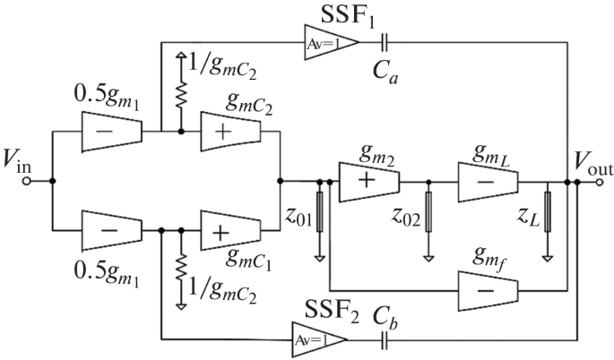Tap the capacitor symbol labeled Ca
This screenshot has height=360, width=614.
385,42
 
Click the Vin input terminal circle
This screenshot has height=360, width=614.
26,181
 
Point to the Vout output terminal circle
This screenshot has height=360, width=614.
600,182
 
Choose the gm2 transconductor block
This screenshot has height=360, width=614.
369,182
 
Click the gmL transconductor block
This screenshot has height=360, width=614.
488,182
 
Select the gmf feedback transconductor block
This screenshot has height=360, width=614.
488,291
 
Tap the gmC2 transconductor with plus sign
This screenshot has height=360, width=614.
230,132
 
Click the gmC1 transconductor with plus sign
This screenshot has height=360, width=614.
230,230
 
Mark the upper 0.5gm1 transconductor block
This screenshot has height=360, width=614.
112,132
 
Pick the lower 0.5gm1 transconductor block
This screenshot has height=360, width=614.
112,230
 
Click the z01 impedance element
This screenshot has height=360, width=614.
319,211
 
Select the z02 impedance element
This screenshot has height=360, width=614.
428,211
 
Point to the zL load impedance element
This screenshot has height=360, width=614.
548,211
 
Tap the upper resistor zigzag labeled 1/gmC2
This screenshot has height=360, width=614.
181,95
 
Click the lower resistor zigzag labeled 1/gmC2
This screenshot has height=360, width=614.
181,268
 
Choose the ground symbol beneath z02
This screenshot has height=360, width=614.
428,259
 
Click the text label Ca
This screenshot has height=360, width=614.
385,73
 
